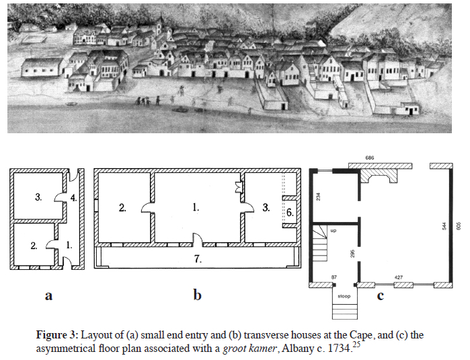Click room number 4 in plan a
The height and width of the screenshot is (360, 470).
[73, 199]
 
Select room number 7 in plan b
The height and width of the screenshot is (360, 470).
[198, 258]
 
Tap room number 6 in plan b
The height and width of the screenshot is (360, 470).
[290, 213]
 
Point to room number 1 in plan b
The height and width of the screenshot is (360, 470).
[196, 207]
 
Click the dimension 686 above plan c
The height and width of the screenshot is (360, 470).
[370, 158]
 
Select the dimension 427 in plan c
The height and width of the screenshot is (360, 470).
[398, 278]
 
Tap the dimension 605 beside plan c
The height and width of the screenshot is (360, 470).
[458, 225]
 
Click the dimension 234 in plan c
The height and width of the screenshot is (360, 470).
[318, 196]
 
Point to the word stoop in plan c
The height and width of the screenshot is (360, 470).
[344, 296]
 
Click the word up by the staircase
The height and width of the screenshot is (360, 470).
[334, 230]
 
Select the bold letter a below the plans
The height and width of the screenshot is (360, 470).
[48, 296]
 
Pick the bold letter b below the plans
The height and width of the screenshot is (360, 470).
[197, 295]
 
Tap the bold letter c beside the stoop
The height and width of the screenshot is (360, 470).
[381, 296]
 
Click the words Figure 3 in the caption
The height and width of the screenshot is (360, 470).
[57, 334]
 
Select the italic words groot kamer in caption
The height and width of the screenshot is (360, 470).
[249, 349]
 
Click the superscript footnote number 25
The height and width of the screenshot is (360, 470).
[356, 345]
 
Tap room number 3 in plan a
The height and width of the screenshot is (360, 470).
[38, 197]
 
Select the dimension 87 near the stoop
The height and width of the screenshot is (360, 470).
[334, 277]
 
